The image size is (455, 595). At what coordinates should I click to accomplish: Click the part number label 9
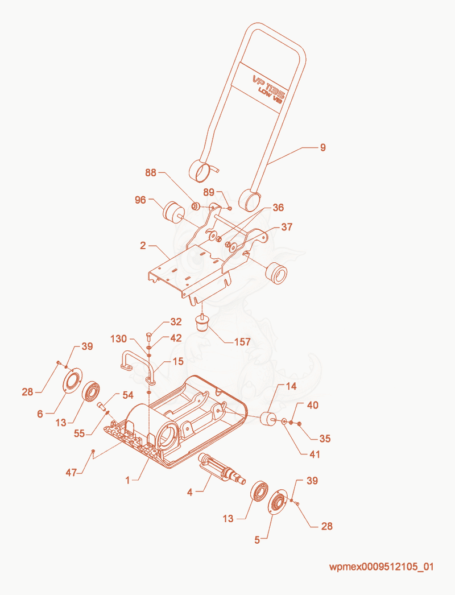pyautogui.click(x=322, y=147)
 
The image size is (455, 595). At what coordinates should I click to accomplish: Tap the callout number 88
pyautogui.click(x=151, y=173)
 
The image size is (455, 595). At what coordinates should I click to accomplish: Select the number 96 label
pyautogui.click(x=140, y=200)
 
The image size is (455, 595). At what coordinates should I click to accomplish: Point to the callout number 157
pyautogui.click(x=242, y=342)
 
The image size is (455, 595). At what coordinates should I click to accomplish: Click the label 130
pyautogui.click(x=118, y=338)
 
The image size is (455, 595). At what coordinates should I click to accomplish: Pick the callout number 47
pyautogui.click(x=71, y=473)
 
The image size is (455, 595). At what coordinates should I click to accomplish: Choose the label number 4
pyautogui.click(x=190, y=493)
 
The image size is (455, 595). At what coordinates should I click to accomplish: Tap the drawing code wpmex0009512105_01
pyautogui.click(x=382, y=567)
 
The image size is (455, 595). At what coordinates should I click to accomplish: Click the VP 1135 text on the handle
pyautogui.click(x=268, y=86)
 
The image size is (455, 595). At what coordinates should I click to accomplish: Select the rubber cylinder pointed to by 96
pyautogui.click(x=173, y=212)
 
